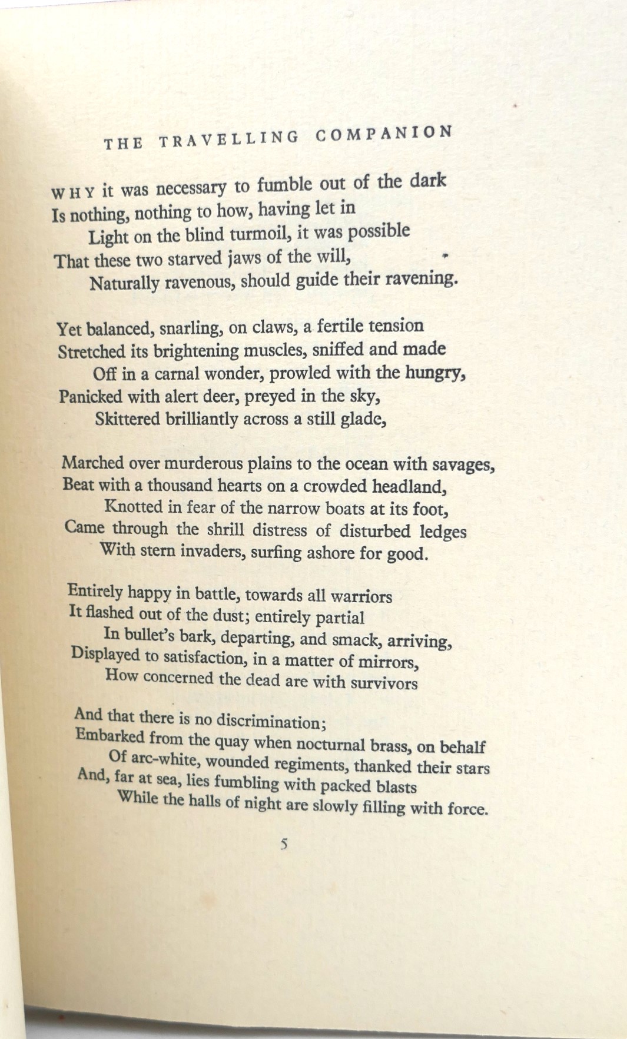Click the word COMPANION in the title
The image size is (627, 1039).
coord(384,133)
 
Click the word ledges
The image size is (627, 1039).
coord(442,532)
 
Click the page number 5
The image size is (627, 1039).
coord(284,844)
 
